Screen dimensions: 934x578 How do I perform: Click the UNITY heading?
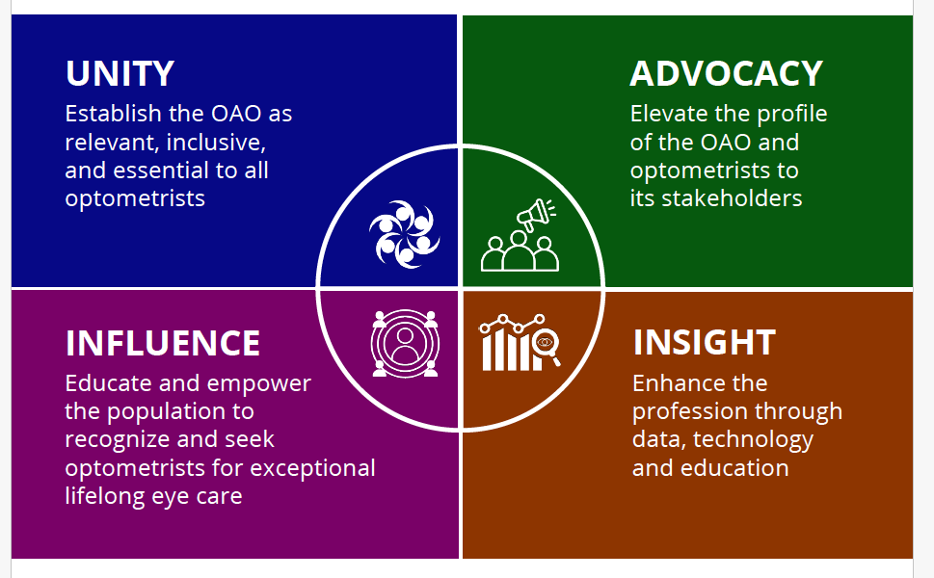[x=120, y=73]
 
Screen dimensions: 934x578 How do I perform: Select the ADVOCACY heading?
[x=726, y=73]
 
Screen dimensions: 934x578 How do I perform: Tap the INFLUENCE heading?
[x=163, y=343]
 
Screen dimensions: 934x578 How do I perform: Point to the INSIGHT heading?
[x=704, y=342]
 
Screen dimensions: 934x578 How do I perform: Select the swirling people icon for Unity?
[x=405, y=234]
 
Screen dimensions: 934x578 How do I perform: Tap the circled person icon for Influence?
[x=405, y=344]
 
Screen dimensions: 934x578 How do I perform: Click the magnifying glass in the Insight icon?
[x=547, y=347]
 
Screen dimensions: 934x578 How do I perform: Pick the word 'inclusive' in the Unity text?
[x=216, y=143]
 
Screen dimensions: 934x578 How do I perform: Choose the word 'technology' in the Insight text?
[x=753, y=440]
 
